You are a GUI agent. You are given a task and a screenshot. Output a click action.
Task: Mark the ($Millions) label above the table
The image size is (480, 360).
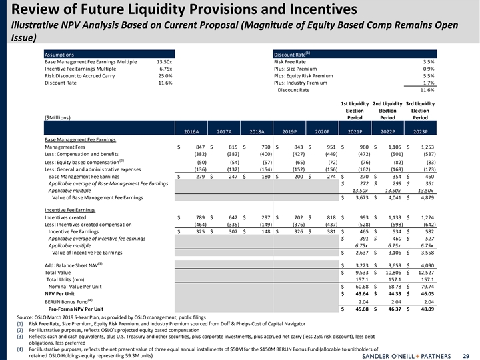61,118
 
